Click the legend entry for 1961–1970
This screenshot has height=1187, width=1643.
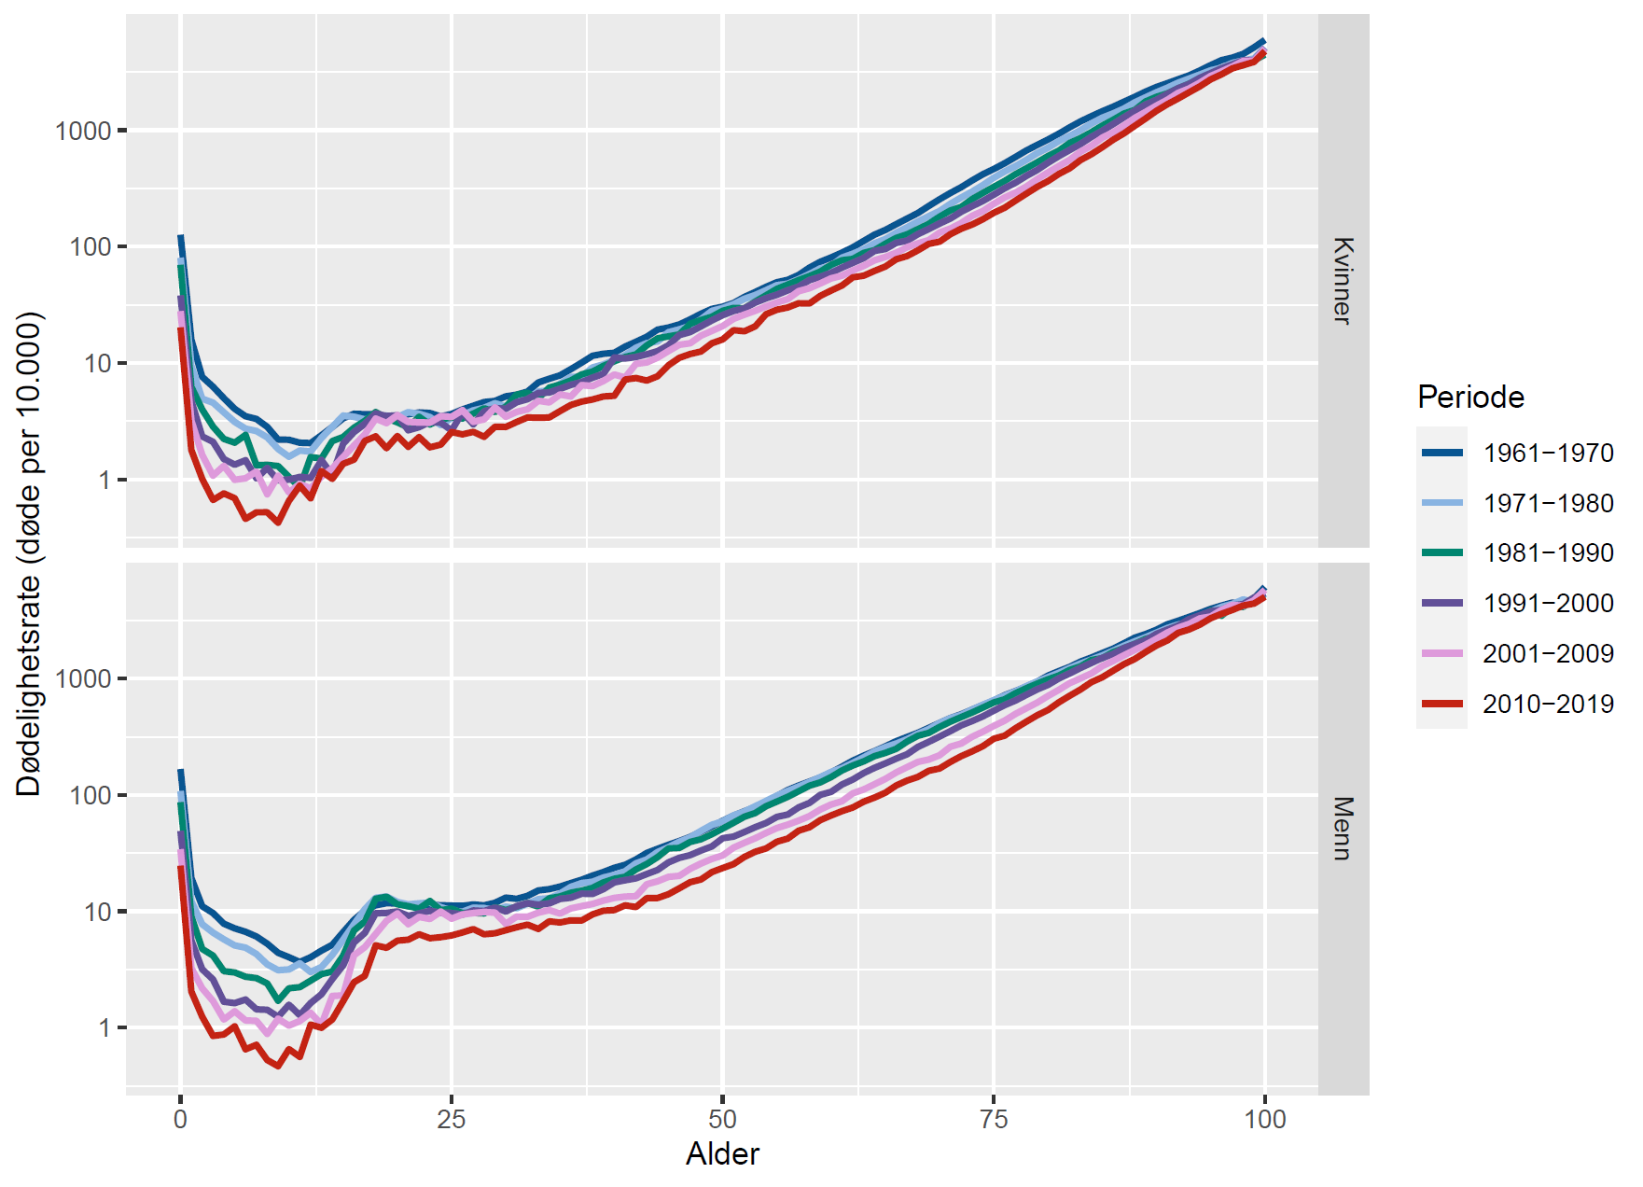[x=1547, y=454]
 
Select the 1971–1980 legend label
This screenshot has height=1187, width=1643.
[x=1547, y=504]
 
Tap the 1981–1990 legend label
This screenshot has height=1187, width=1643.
[x=1547, y=553]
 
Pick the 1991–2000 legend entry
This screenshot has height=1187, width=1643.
[x=1547, y=604]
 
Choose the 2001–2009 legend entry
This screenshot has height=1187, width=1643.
[x=1547, y=654]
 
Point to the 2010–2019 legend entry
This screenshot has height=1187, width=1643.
[x=1547, y=705]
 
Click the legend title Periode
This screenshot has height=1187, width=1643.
[x=1470, y=398]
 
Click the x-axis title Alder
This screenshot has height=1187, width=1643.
[x=722, y=1154]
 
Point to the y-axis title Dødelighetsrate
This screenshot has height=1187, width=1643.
[x=29, y=553]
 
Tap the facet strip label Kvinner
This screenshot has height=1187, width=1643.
[x=1343, y=280]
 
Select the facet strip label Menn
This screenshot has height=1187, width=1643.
[x=1343, y=828]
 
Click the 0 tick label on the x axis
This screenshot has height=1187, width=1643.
[x=180, y=1120]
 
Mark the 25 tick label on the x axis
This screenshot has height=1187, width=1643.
[x=452, y=1120]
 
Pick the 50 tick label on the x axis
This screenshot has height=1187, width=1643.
[x=722, y=1120]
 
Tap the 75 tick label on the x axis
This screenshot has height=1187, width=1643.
[x=994, y=1120]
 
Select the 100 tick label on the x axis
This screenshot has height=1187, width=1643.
[x=1264, y=1120]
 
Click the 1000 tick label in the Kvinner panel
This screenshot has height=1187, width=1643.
[x=83, y=131]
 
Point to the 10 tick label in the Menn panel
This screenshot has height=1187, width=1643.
[x=97, y=912]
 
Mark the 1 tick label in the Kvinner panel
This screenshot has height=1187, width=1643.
[x=104, y=481]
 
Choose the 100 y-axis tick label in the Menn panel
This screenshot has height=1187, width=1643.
[x=91, y=796]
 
